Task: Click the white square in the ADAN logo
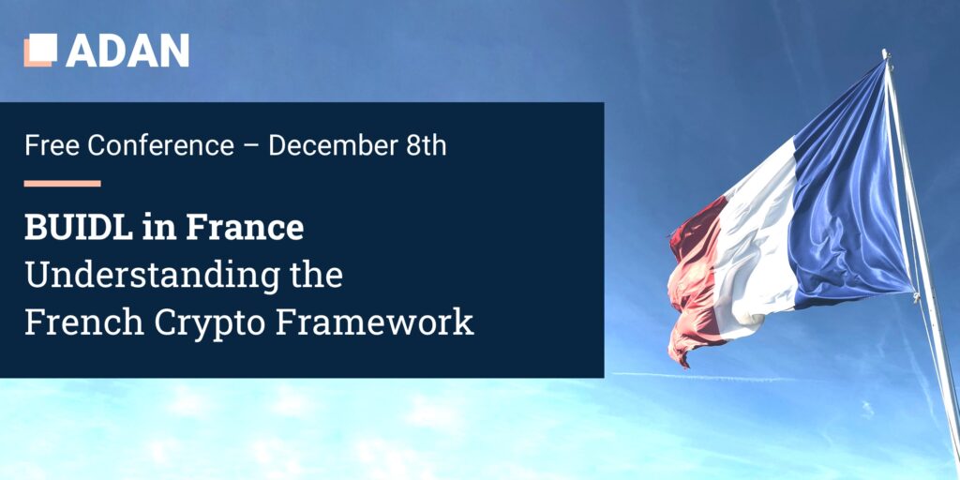pos(43,48)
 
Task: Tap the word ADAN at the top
pos(127,51)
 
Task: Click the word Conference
pos(161,146)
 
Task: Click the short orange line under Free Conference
pos(63,183)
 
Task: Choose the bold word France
pos(245,228)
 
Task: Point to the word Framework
pos(375,322)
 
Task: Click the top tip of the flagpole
pos(885,52)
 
